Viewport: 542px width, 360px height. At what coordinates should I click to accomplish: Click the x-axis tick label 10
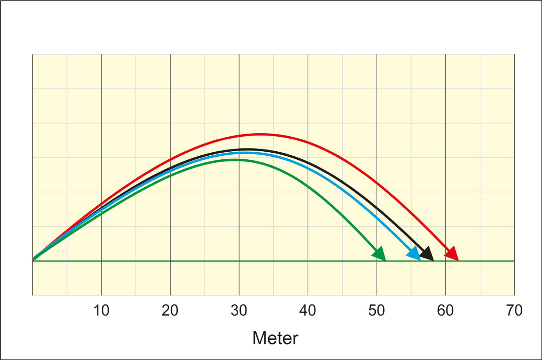101,311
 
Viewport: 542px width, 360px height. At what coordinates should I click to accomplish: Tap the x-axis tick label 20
170,311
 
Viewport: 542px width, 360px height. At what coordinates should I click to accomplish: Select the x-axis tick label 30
239,311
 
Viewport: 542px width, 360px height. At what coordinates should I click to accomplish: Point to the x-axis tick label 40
308,311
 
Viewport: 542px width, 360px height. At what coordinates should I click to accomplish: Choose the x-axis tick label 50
377,311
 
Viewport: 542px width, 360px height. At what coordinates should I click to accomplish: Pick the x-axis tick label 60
445,311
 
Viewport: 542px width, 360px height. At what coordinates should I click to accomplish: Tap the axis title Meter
275,338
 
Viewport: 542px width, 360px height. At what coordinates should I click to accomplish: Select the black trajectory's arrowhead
428,254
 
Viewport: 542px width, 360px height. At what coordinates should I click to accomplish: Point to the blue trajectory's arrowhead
415,254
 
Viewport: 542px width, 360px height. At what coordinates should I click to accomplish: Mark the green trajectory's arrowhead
380,254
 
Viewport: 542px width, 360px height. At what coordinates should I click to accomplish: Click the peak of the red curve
260,134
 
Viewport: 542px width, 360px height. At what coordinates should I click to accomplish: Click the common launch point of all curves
33,259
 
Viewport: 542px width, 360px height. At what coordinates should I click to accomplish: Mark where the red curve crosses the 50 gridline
377,182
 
